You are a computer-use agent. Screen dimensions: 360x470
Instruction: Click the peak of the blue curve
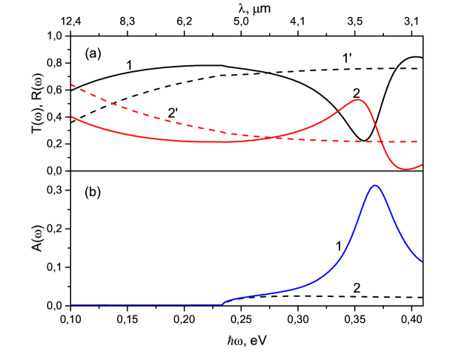click(375, 185)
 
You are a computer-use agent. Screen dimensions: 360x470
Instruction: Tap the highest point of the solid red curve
click(358, 99)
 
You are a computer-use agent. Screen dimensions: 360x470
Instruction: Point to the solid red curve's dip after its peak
click(406, 169)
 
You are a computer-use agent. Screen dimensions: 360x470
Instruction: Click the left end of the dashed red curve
click(72, 85)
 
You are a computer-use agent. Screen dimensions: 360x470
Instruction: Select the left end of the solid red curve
click(72, 117)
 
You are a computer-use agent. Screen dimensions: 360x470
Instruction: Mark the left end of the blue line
click(72, 304)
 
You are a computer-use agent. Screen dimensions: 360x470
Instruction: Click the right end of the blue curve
click(422, 261)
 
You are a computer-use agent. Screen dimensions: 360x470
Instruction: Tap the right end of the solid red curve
click(422, 165)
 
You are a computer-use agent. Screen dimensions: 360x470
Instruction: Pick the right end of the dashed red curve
click(422, 141)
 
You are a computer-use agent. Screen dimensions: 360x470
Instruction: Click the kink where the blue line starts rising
click(222, 304)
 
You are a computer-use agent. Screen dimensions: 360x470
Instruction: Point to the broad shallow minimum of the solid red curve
click(208, 141)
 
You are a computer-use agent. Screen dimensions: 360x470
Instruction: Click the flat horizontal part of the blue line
click(148, 304)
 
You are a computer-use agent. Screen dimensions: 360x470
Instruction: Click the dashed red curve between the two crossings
click(319, 140)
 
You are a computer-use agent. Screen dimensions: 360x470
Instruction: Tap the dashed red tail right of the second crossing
click(400, 141)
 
